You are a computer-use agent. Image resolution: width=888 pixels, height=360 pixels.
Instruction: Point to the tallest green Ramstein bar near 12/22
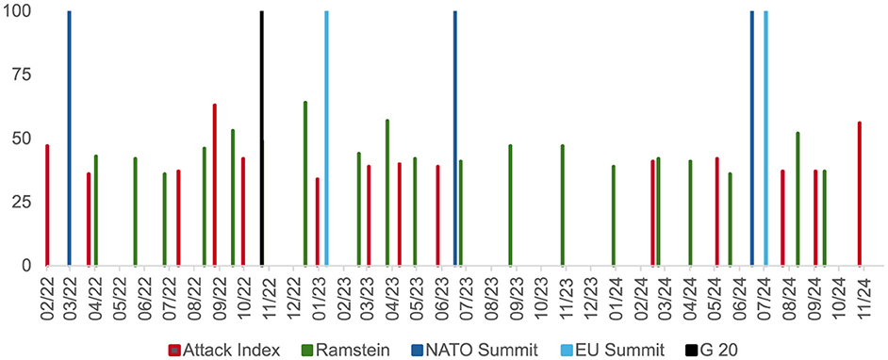click(305, 184)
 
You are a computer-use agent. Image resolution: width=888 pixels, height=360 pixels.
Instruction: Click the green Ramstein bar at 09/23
click(510, 205)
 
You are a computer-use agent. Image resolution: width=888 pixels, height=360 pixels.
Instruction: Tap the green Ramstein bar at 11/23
click(563, 205)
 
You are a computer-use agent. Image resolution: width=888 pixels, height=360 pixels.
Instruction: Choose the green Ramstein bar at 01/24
click(614, 216)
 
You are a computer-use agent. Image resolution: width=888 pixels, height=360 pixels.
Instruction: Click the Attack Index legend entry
click(223, 351)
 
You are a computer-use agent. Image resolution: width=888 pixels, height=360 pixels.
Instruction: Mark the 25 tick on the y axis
click(22, 203)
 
